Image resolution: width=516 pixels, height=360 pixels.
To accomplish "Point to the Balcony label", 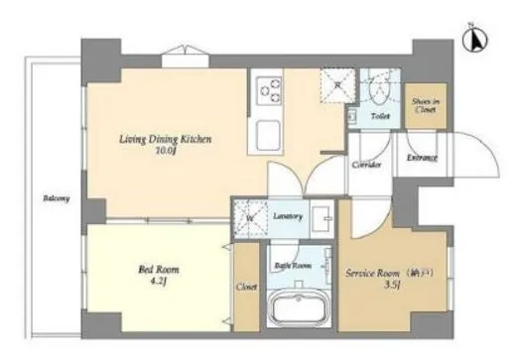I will pos(56,199).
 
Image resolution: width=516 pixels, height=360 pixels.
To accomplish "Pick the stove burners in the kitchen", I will pos(269,91).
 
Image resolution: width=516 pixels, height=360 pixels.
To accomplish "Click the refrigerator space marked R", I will pos(338,85).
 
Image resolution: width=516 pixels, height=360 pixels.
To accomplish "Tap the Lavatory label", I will pos(288,216).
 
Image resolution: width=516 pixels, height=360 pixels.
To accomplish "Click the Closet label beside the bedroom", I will pos(248,288).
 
